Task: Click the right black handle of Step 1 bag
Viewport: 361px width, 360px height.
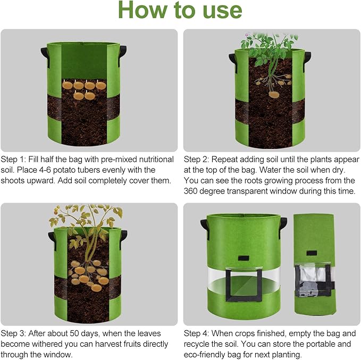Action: pos(123,53)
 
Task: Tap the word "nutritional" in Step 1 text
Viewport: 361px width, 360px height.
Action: pos(153,160)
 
